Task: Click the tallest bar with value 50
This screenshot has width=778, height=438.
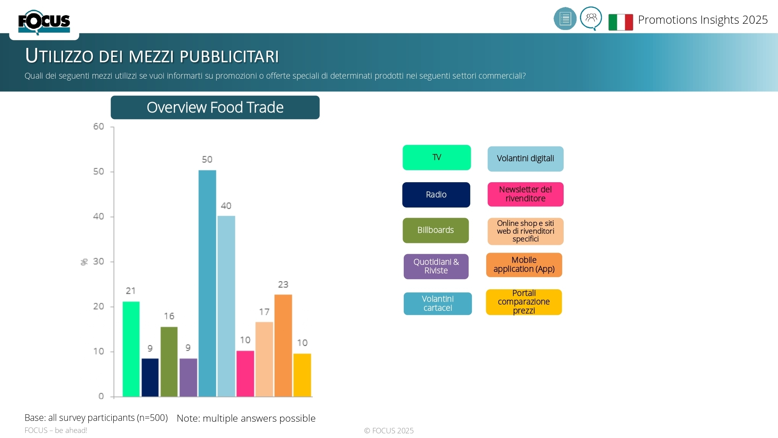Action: [x=207, y=283]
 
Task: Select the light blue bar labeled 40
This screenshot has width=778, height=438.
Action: [x=226, y=306]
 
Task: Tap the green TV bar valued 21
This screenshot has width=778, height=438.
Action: [x=131, y=349]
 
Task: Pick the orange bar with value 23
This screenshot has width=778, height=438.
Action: [x=283, y=345]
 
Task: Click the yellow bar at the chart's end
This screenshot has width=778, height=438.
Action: [x=302, y=375]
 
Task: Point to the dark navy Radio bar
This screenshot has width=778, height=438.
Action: [x=150, y=377]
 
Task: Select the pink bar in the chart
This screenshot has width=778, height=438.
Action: [x=245, y=373]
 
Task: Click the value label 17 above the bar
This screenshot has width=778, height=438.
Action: [x=264, y=312]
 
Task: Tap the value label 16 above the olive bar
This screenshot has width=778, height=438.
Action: [x=169, y=316]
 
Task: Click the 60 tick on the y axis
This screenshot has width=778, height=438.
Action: [x=98, y=127]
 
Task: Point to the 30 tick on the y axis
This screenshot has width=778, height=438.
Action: [x=98, y=261]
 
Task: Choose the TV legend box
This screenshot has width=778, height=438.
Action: [x=436, y=157]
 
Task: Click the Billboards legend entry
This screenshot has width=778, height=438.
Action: [x=436, y=230]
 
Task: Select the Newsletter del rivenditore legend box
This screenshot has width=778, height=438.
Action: [x=525, y=194]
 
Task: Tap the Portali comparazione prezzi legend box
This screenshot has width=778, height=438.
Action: [x=524, y=302]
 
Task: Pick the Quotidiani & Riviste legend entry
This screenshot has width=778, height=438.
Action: [x=436, y=266]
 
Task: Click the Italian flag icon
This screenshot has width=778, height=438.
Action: [x=620, y=22]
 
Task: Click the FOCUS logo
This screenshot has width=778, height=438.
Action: [x=44, y=22]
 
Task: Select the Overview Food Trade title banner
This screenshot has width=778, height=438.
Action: [x=215, y=107]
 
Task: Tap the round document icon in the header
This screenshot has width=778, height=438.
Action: [x=565, y=19]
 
